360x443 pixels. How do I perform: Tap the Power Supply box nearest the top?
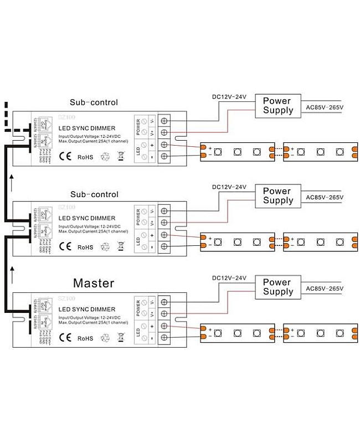278,105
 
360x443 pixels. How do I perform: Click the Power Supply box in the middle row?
277,195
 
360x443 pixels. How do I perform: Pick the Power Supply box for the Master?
277,286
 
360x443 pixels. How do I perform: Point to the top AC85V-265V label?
325,106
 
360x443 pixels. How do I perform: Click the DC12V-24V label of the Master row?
229,277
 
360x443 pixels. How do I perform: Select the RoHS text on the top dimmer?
85,157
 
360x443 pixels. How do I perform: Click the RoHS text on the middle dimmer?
85,247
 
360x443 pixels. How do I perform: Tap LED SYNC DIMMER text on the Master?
87,310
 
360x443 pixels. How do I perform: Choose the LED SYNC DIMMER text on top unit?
87,128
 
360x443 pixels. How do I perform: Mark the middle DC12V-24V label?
229,187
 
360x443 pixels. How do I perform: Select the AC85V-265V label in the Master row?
325,288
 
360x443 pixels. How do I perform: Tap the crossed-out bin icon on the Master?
121,337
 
